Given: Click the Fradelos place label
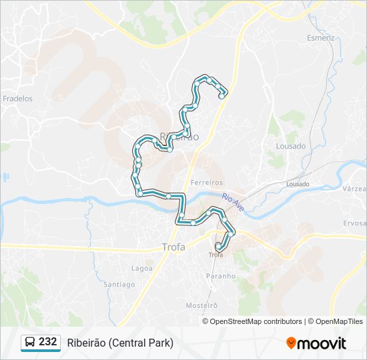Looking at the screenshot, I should pos(17,99).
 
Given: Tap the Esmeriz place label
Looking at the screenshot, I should pos(320,38).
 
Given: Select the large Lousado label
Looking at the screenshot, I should pos(291,146).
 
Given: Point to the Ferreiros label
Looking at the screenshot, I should pos(206,182).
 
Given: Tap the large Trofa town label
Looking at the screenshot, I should pos(174,247).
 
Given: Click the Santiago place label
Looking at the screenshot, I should pos(119,284).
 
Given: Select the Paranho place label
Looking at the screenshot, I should pos(221,275).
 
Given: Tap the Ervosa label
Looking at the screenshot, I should pos(355,223).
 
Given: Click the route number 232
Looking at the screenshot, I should pos(48,342).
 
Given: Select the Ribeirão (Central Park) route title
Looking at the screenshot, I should pos(120,343).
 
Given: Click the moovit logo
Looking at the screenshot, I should pos(316,343).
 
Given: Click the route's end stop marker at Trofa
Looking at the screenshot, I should pos(218,246).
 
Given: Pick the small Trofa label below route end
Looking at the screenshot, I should pos(216,255).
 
